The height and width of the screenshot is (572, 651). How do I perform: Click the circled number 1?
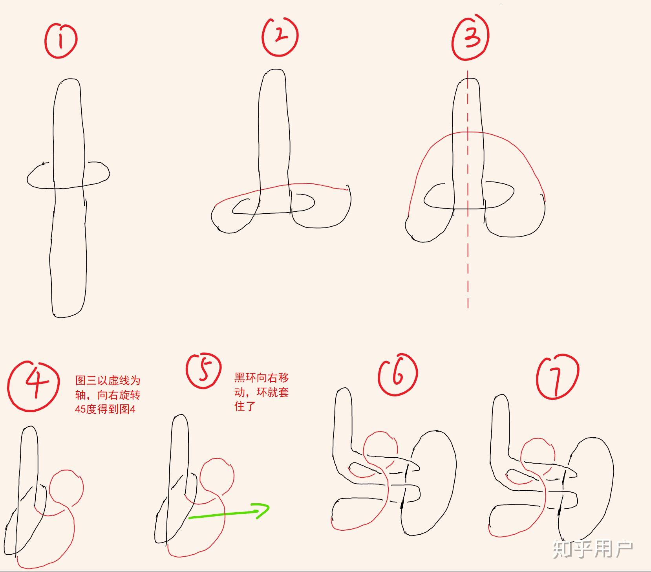[61, 40]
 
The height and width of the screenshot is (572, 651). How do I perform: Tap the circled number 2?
[280, 36]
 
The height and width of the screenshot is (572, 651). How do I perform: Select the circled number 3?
[470, 38]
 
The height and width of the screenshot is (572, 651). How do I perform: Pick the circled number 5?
[203, 370]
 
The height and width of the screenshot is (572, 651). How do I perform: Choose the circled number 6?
[398, 376]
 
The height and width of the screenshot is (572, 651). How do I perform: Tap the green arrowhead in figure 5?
[263, 510]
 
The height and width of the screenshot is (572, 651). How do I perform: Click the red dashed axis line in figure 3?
[468, 189]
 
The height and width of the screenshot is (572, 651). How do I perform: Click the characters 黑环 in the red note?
[245, 378]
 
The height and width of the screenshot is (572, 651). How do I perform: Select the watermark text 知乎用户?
[593, 549]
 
